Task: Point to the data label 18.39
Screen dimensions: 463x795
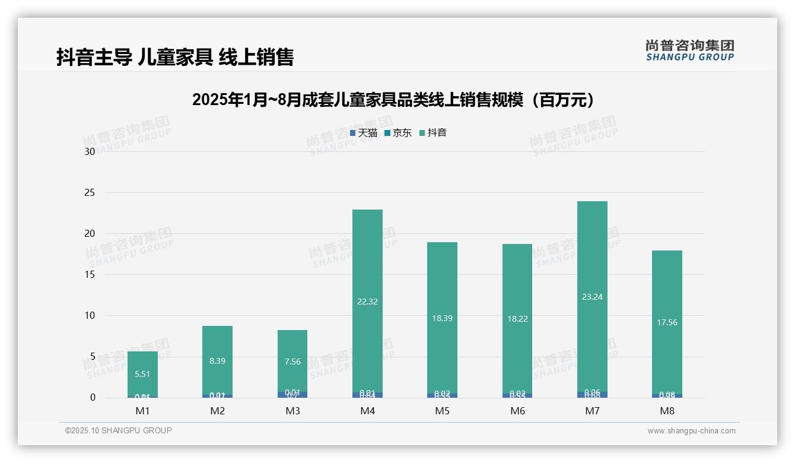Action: (x=442, y=318)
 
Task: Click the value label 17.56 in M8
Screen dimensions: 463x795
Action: (x=667, y=322)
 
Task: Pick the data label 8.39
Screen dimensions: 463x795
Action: (x=217, y=361)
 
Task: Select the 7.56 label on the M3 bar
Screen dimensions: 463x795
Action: (x=292, y=361)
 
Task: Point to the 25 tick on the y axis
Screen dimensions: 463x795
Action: (x=90, y=192)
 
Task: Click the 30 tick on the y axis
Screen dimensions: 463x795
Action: (x=90, y=151)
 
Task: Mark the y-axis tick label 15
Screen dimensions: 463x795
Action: (x=90, y=274)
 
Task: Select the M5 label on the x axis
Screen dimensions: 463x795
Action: (x=442, y=411)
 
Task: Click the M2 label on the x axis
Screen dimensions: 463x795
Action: (x=217, y=411)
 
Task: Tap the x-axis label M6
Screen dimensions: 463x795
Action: (x=517, y=411)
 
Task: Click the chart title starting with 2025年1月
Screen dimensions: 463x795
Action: (x=393, y=100)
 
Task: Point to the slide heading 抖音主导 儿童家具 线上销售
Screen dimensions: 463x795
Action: (x=175, y=57)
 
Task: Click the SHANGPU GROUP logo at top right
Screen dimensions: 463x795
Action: (x=689, y=50)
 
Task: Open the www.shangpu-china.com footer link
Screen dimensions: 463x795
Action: (x=691, y=431)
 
